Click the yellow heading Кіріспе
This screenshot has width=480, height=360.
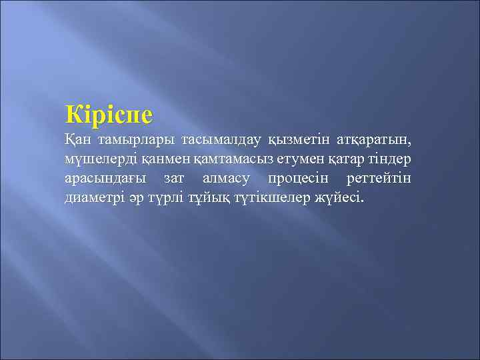coord(109,115)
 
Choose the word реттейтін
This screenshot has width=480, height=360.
coord(379,179)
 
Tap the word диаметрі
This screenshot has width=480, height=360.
coord(94,198)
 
